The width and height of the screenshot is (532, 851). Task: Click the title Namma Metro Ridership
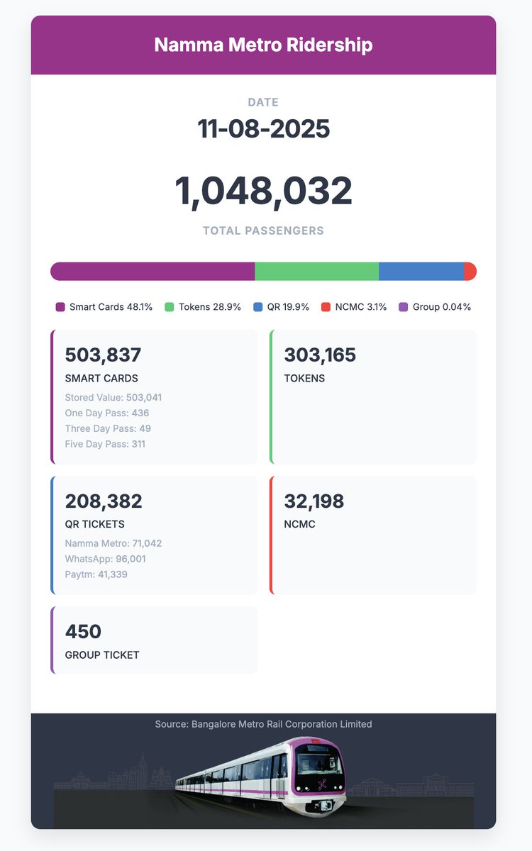(263, 45)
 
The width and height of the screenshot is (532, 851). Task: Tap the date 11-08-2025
(263, 129)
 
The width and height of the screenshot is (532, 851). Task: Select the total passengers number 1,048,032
(263, 191)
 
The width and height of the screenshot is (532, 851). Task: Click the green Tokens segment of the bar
(316, 272)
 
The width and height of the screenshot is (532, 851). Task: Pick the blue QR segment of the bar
(421, 272)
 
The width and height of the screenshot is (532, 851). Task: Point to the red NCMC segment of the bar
(470, 272)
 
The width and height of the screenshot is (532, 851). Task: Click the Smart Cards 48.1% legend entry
(104, 307)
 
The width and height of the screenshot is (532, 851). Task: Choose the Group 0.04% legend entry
(435, 307)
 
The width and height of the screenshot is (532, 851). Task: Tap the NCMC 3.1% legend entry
(354, 307)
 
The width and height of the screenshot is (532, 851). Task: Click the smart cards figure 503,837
(103, 355)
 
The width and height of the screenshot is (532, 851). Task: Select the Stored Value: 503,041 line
(113, 397)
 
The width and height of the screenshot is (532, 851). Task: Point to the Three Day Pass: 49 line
(108, 428)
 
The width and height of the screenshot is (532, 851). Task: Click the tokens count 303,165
(320, 355)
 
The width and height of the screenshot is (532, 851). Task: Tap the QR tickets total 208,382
(104, 501)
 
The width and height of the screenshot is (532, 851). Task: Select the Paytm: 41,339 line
(96, 574)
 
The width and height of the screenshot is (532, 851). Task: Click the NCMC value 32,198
(314, 501)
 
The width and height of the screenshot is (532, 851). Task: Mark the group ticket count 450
(84, 631)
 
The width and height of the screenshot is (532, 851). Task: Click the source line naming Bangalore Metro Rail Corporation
(263, 724)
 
